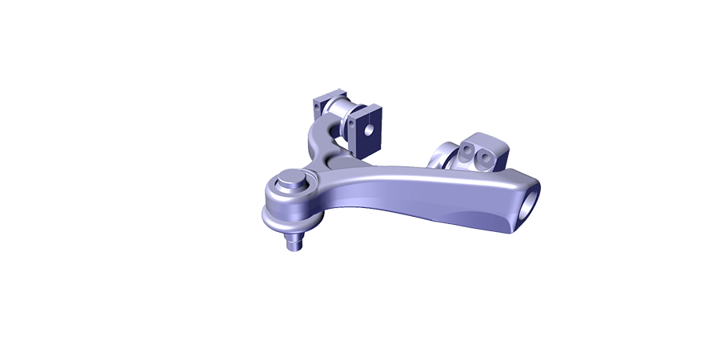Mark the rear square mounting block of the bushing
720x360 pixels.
pos(322,105)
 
